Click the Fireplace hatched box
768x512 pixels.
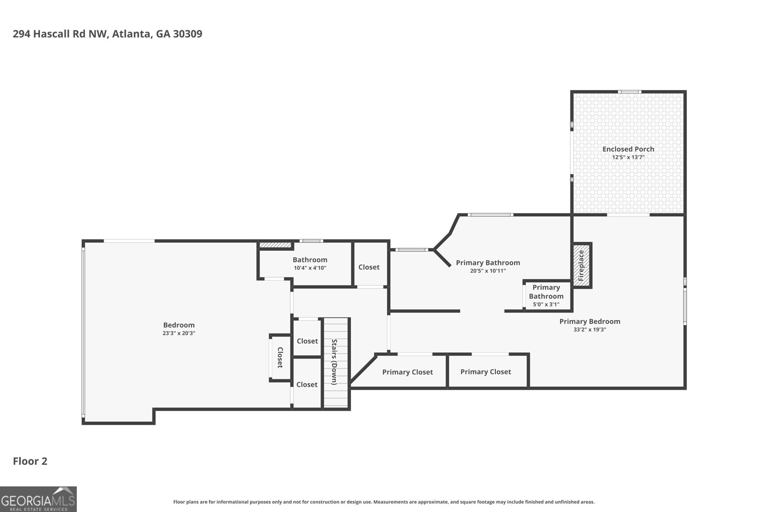coord(581,265)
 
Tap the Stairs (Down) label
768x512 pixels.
coord(334,362)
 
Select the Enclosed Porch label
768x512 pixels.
coord(628,149)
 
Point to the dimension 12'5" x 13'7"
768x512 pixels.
coord(628,157)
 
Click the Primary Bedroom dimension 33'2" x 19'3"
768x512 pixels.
coord(590,330)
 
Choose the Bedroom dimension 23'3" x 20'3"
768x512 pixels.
coord(179,333)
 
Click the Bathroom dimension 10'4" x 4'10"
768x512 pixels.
coord(310,268)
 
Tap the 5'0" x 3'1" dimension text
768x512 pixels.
coord(546,304)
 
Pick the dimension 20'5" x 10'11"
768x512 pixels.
coord(488,271)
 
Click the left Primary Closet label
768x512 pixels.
coord(408,372)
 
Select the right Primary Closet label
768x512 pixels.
coord(485,372)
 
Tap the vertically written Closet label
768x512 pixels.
coord(280,357)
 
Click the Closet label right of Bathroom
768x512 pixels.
coord(369,267)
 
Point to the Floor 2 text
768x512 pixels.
coord(30,461)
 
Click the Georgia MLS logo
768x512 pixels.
coord(38,499)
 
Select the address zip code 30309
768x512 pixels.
coord(188,34)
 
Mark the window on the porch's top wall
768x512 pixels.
coord(629,92)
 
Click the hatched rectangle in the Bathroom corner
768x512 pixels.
coord(275,245)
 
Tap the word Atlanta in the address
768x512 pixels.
coord(131,34)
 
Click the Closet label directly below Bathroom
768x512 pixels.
coord(307,341)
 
